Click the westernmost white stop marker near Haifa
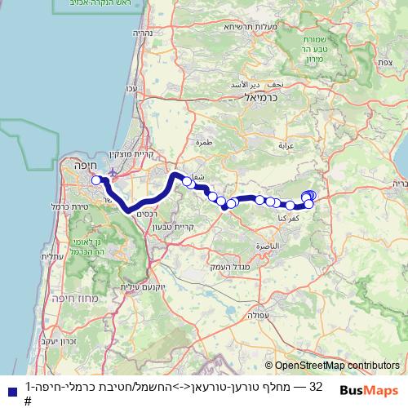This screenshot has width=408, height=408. click(x=96, y=180)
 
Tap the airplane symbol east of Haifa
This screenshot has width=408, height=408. click(x=113, y=173)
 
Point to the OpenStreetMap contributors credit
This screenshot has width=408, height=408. click(x=332, y=366)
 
